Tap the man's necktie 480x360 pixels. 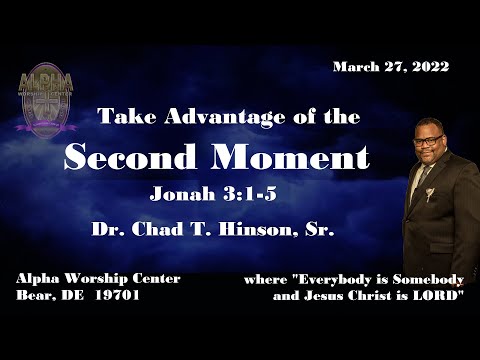pos(425,180)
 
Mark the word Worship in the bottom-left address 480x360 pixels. pos(90,278)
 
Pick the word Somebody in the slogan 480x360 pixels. pos(418,278)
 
